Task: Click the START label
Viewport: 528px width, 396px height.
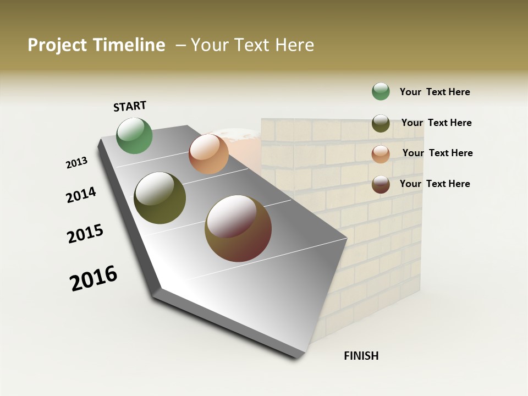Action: [x=130, y=106]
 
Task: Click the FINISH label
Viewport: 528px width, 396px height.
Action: [x=361, y=356]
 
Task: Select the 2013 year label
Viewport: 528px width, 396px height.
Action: [x=77, y=162]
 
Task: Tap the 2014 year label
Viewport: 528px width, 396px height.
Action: [x=81, y=195]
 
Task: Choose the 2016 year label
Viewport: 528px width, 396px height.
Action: [x=94, y=278]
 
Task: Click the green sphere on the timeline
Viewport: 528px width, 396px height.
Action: [x=135, y=135]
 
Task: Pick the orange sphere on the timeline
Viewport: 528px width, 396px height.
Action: [x=208, y=154]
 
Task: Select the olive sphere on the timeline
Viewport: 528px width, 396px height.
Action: [x=159, y=198]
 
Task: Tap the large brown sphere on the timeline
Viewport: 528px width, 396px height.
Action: [x=238, y=228]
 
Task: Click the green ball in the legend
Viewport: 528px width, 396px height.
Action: [x=381, y=92]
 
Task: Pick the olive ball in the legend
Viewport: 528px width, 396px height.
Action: [x=381, y=123]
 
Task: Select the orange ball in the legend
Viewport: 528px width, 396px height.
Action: [x=381, y=154]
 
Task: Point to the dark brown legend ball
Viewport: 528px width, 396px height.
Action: [x=381, y=184]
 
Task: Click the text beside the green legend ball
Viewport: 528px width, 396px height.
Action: [x=435, y=92]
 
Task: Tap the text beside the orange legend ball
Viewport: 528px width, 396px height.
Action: [x=437, y=153]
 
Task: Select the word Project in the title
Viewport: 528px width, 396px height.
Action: [x=57, y=45]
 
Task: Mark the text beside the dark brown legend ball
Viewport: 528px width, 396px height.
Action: [x=435, y=184]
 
